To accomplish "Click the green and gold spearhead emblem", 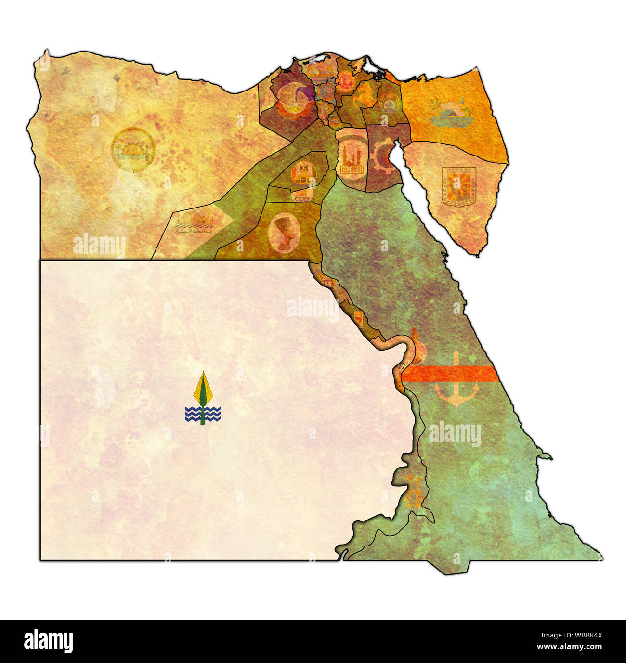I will (x=203, y=390).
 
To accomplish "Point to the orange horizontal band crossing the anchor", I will (x=448, y=373).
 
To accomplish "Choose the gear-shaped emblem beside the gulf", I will (x=383, y=156).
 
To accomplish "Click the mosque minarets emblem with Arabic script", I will (x=352, y=159).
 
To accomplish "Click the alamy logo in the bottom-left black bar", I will (x=48, y=641).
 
